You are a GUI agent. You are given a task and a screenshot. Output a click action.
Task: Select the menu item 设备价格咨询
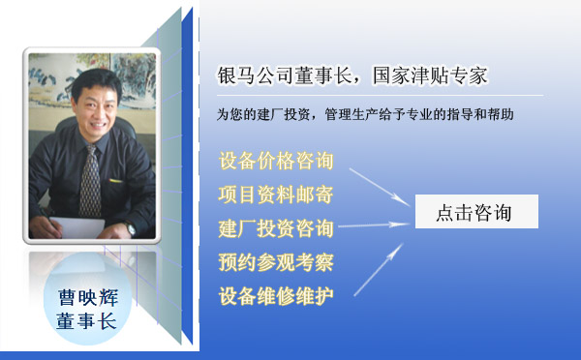[277, 160]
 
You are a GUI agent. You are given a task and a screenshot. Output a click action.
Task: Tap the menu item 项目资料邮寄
[277, 194]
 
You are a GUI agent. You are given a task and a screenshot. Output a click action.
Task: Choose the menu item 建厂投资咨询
[277, 228]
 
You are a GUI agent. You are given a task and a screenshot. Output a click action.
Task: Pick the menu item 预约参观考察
[277, 261]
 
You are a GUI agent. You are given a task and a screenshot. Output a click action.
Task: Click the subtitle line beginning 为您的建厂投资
[365, 114]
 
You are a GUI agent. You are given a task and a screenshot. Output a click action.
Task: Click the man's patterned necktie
[89, 179]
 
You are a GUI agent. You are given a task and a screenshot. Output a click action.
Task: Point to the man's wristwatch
[130, 229]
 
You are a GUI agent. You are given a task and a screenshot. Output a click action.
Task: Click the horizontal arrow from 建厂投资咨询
[373, 226]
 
